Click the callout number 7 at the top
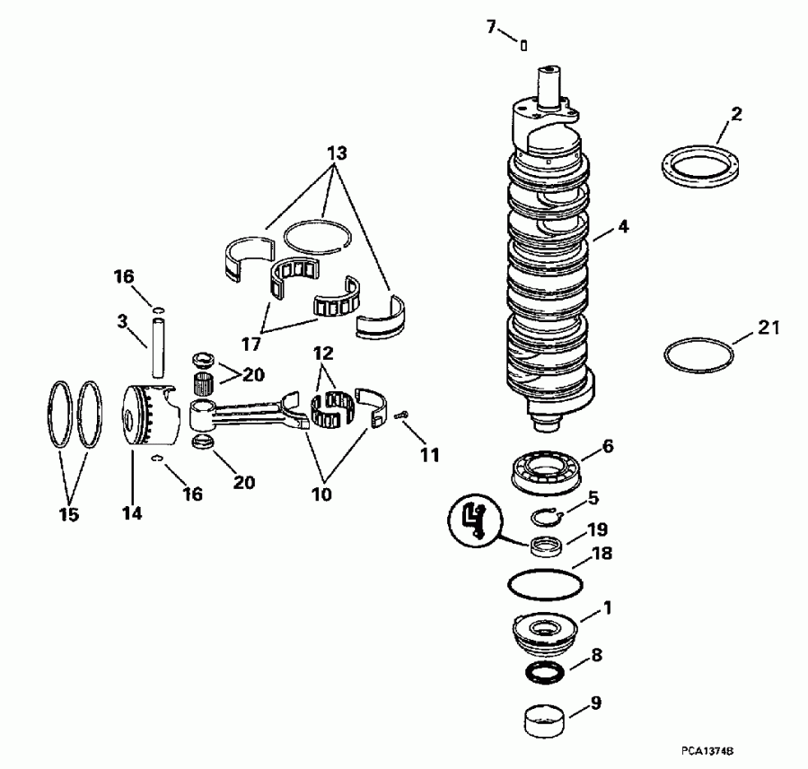coord(491,27)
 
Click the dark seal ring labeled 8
coord(545,672)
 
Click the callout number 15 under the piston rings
coord(69,514)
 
